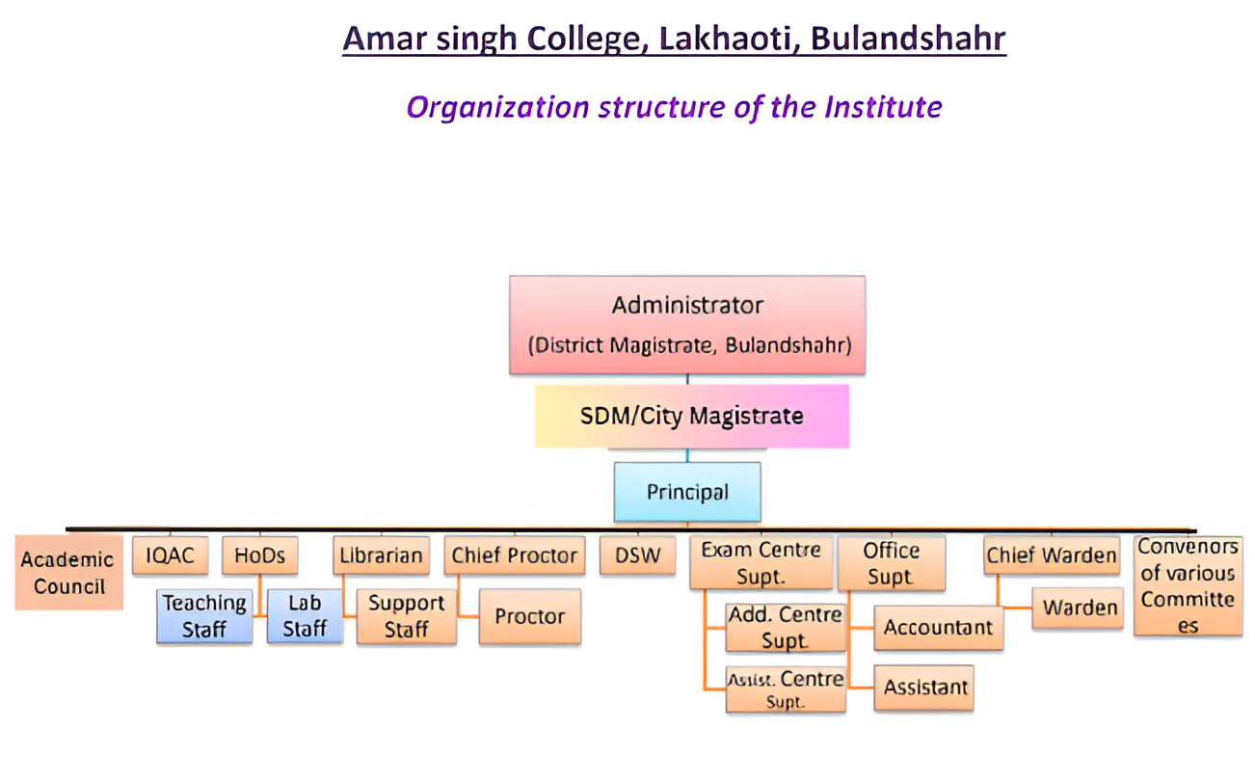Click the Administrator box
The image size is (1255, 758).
[x=687, y=325]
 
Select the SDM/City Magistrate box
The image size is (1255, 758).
[x=692, y=416]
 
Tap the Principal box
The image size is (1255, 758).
[x=687, y=492]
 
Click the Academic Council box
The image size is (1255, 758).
[x=68, y=573]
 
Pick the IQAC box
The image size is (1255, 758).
[x=171, y=555]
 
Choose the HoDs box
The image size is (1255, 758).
[x=260, y=555]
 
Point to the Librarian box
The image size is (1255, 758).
[x=381, y=555]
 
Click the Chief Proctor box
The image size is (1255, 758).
[x=515, y=555]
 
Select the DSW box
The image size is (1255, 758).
[x=637, y=555]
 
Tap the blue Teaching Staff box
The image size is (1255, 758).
[x=204, y=616]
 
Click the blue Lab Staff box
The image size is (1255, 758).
[x=305, y=616]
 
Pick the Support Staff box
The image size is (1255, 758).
[x=407, y=616]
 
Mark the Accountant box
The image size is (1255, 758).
[x=939, y=628]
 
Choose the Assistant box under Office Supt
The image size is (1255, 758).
[x=923, y=688]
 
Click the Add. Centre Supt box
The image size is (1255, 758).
[x=786, y=628]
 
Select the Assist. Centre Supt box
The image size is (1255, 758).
[x=786, y=690]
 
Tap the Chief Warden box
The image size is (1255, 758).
[x=1052, y=555]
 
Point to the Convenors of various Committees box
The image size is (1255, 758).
[x=1188, y=586]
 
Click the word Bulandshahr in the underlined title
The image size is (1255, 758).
[x=908, y=39]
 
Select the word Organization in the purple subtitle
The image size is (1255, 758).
[x=498, y=108]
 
